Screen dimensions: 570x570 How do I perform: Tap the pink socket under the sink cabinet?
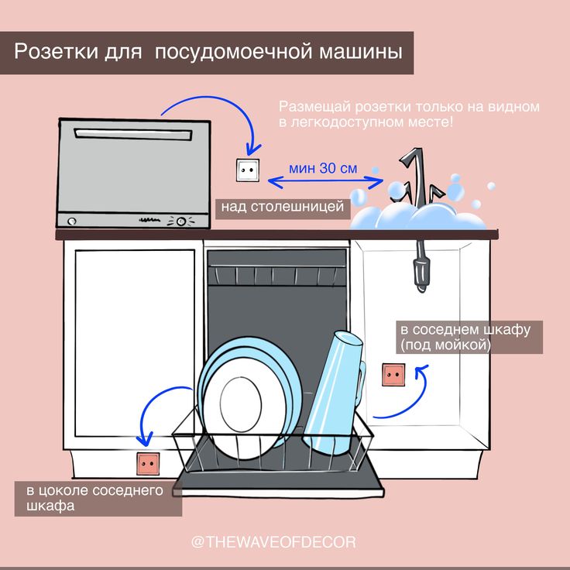(393, 376)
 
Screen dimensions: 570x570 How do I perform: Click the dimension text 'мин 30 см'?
(322, 167)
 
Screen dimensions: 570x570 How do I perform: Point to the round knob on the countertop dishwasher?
(182, 221)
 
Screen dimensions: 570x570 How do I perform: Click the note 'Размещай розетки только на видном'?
(408, 106)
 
